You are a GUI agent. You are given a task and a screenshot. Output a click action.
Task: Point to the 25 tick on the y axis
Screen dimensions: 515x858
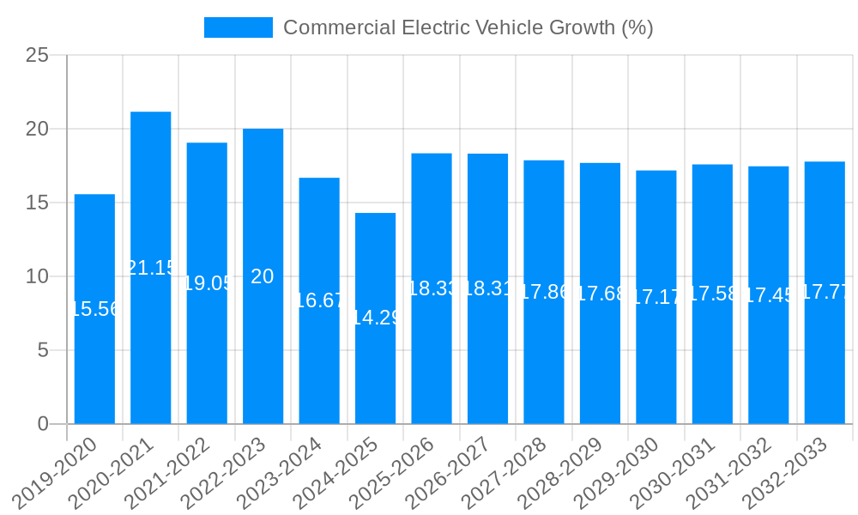(38, 56)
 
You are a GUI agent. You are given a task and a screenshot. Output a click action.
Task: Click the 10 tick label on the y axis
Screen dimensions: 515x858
(38, 276)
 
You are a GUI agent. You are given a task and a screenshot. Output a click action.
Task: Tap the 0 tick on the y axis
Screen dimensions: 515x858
(44, 424)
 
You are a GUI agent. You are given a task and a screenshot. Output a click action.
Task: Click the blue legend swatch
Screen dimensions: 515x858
(238, 27)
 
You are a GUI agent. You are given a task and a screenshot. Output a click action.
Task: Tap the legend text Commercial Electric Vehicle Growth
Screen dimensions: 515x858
(468, 27)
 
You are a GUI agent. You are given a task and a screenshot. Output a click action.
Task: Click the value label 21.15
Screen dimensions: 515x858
(151, 268)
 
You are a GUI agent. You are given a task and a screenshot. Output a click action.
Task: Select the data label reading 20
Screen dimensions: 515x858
(263, 276)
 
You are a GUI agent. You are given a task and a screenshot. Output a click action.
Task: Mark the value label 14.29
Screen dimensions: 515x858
(376, 318)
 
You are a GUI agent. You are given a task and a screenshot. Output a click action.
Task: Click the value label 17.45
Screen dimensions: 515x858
(769, 295)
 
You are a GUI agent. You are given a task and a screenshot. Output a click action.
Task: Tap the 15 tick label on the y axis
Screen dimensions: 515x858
(38, 203)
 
